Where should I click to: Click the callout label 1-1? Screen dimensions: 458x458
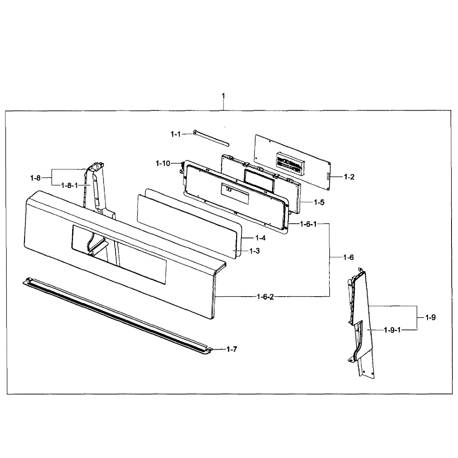tap(175, 134)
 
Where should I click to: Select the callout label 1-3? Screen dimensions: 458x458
tap(254, 251)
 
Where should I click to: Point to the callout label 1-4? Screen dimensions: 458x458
tap(260, 238)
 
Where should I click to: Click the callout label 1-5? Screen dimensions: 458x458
tap(319, 202)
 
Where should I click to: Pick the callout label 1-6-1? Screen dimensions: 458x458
tap(308, 224)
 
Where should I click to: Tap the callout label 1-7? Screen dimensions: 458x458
tap(231, 349)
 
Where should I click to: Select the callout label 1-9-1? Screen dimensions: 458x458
tap(392, 330)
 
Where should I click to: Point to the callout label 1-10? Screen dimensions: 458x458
tap(163, 163)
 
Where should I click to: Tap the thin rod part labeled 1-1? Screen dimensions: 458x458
tap(211, 138)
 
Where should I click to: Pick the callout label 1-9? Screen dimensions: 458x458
tap(430, 317)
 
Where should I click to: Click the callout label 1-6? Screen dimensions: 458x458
tap(348, 258)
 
